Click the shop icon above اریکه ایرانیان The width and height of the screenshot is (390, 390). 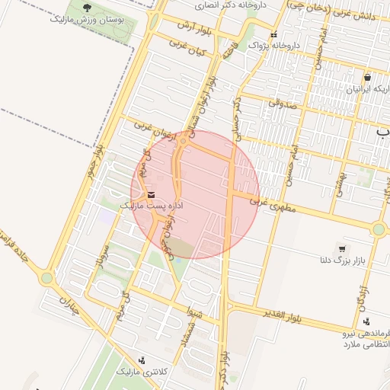(367, 77)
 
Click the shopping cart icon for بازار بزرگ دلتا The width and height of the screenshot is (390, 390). (342, 249)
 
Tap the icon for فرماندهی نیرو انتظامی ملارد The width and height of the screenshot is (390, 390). (368, 321)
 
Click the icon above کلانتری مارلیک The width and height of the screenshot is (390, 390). (142, 360)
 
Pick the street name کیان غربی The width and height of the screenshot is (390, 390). (188, 50)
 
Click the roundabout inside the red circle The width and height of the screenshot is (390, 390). (183, 140)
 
